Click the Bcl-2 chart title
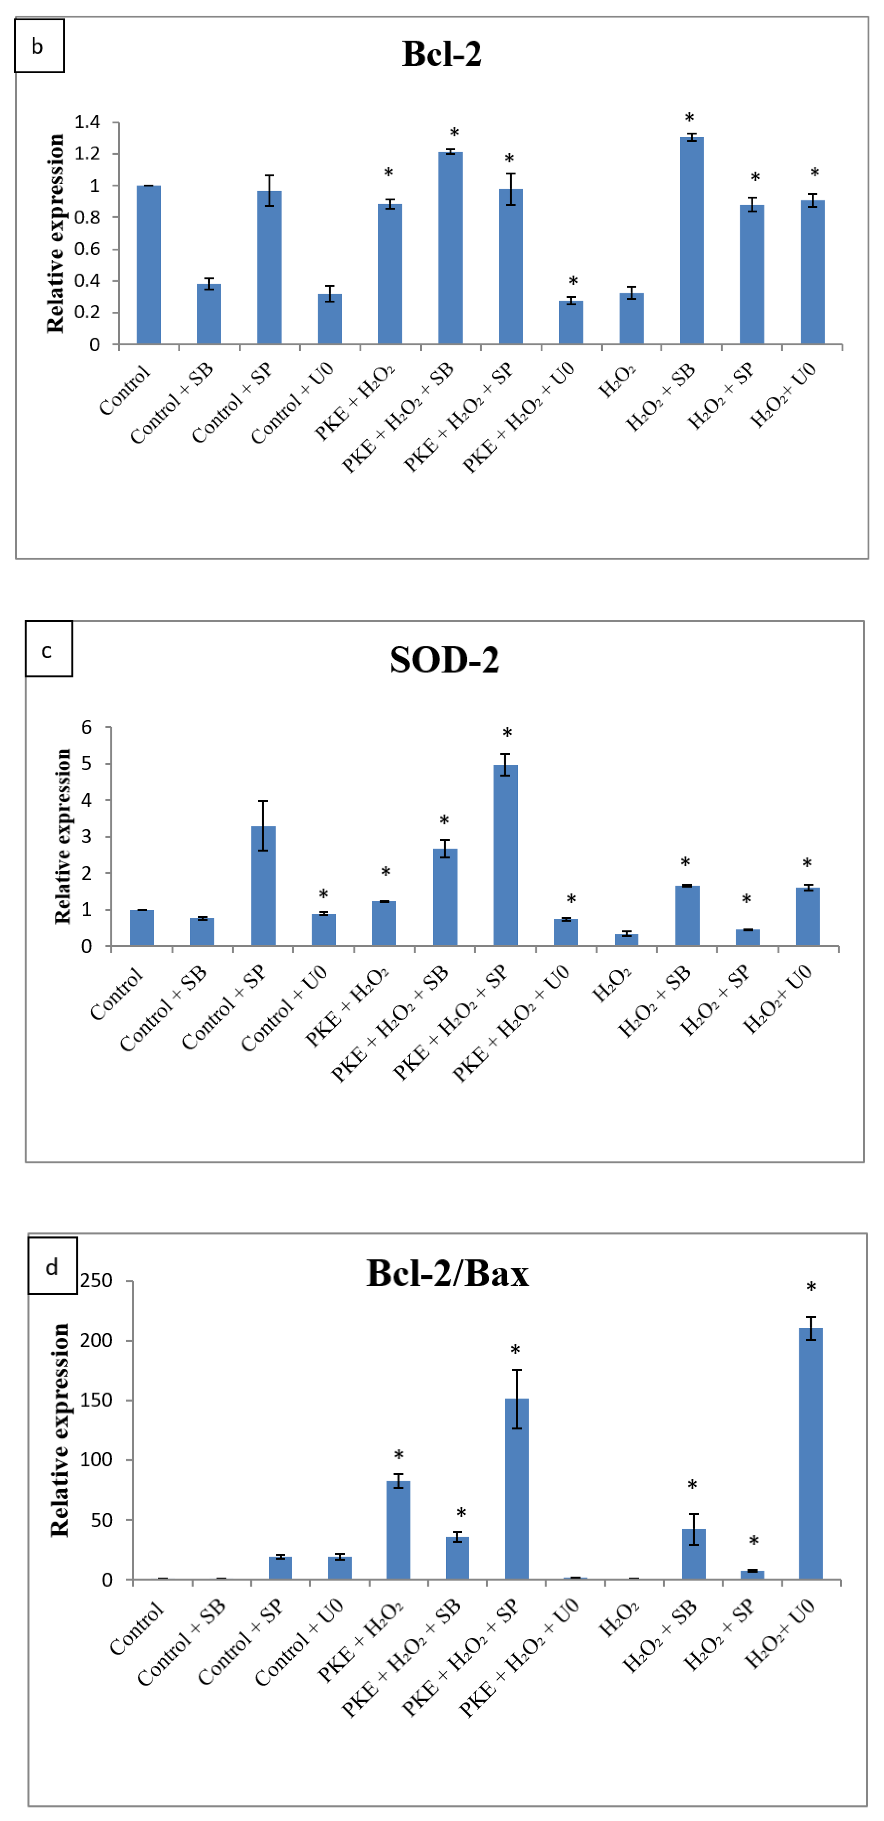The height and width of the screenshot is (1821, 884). [442, 54]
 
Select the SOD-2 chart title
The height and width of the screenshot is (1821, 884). [445, 660]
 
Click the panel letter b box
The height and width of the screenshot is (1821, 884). [39, 46]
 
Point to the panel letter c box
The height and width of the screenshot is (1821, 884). [48, 649]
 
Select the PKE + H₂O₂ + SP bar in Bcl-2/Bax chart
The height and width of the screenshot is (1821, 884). [516, 1488]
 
